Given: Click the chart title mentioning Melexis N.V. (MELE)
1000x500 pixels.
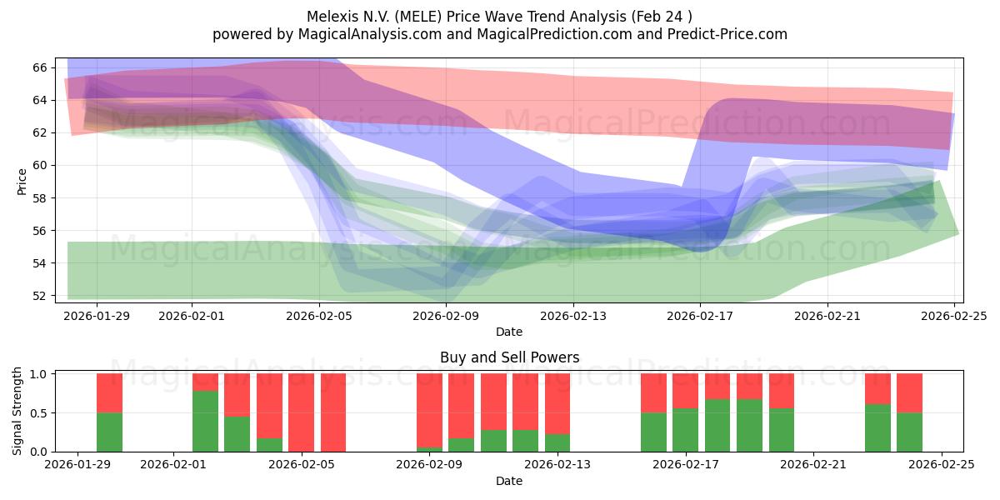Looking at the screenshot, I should point(499,16).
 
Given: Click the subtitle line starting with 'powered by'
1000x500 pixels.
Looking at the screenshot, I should point(499,34).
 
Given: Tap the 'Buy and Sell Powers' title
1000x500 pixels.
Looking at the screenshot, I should point(509,357).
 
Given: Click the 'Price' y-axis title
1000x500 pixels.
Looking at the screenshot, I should point(22,180).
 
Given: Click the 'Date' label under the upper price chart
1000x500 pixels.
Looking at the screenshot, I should point(509,332).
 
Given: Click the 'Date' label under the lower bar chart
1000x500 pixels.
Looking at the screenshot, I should point(509,481).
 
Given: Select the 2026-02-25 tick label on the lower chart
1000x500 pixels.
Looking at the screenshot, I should point(941,464).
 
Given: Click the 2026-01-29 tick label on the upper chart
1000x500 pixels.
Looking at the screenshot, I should point(97,315).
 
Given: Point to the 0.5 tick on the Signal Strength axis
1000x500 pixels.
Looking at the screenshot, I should point(38,413).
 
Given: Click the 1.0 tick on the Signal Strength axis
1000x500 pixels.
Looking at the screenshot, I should point(38,374).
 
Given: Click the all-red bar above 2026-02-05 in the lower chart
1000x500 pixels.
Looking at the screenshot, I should point(301,412).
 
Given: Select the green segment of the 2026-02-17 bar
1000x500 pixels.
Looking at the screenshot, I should point(685,430).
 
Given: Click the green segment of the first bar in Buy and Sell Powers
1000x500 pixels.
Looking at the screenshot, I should point(109,432).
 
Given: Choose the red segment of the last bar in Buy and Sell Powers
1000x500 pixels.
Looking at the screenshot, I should point(909,393).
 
